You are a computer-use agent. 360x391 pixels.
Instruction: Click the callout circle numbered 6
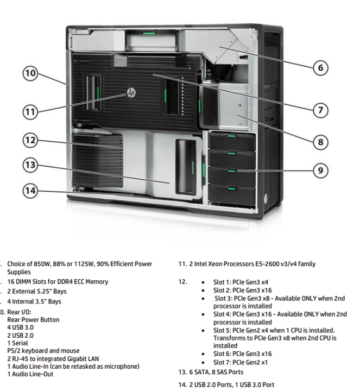click(320, 68)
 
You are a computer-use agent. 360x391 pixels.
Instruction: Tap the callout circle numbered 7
click(320, 110)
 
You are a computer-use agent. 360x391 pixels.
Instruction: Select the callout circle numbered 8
click(320, 142)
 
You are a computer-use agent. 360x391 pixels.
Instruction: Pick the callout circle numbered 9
click(320, 171)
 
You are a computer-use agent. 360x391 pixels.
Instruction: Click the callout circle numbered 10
click(30, 74)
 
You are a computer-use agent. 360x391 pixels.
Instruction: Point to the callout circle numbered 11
click(30, 112)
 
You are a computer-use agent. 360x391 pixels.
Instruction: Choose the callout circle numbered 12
click(30, 140)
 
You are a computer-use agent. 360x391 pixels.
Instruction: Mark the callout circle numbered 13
click(30, 164)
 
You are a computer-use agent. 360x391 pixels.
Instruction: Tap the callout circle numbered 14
click(30, 190)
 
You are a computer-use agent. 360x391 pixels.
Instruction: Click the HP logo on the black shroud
click(131, 93)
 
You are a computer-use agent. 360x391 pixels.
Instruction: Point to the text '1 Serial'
click(17, 343)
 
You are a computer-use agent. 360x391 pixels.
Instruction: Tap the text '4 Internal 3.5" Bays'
click(34, 301)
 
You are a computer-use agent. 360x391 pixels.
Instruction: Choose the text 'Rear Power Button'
click(33, 320)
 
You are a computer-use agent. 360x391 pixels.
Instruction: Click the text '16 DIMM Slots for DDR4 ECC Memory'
click(58, 282)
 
